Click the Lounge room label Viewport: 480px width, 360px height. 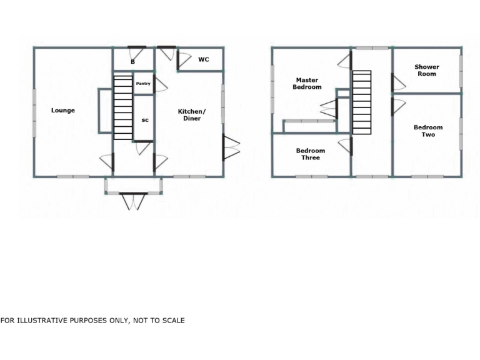point(63,111)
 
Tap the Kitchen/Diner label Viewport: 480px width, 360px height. point(191,115)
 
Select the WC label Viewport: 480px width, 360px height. point(204,60)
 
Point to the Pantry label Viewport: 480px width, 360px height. point(143,84)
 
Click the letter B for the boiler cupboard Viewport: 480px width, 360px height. point(132,62)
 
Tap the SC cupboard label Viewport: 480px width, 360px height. point(144,119)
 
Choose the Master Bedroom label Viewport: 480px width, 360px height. point(307,84)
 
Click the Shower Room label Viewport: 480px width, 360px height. point(427,71)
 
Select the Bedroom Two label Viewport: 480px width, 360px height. point(428,131)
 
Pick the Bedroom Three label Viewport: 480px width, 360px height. point(311,154)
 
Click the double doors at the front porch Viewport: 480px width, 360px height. point(133,201)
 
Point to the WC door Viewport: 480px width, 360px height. point(183,61)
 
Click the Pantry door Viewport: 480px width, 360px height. point(160,84)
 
